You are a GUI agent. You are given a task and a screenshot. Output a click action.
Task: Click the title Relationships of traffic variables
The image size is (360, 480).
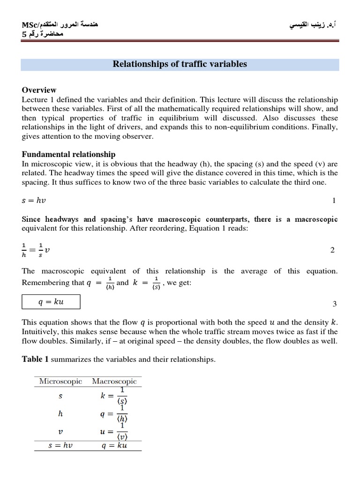pos(180,64)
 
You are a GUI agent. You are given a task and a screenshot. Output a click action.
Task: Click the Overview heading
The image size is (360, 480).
pos(39,90)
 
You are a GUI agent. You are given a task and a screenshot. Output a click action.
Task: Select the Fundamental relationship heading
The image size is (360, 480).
pos(68,154)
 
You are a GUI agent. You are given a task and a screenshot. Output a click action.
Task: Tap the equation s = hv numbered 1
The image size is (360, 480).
pos(34,201)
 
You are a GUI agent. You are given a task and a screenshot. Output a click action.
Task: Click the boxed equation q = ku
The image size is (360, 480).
pos(51,301)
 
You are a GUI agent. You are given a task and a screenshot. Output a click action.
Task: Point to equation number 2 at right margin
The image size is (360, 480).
pos(332,250)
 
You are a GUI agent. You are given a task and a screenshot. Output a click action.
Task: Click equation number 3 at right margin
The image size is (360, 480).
pos(334,304)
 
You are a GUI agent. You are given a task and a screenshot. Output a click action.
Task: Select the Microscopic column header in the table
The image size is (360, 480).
pos(60,381)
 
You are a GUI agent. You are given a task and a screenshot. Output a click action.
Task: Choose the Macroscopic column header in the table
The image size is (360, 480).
pos(114,381)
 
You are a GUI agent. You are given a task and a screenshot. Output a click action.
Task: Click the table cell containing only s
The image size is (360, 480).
pos(60,396)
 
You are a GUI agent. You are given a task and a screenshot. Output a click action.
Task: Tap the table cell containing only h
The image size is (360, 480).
pos(60,414)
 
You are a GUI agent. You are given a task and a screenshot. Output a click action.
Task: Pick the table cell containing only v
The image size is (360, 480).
pos(60,432)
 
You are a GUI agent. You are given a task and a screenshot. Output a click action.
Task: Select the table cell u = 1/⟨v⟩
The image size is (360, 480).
pos(114,432)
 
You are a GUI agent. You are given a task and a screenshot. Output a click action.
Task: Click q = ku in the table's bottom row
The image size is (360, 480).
pos(114,445)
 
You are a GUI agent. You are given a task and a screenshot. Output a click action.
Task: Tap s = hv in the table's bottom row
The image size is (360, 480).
pos(60,445)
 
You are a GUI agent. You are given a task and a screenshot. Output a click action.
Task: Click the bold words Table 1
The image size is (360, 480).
pos(35,359)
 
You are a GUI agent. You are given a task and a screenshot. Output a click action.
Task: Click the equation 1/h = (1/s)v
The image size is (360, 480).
pos(37,250)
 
